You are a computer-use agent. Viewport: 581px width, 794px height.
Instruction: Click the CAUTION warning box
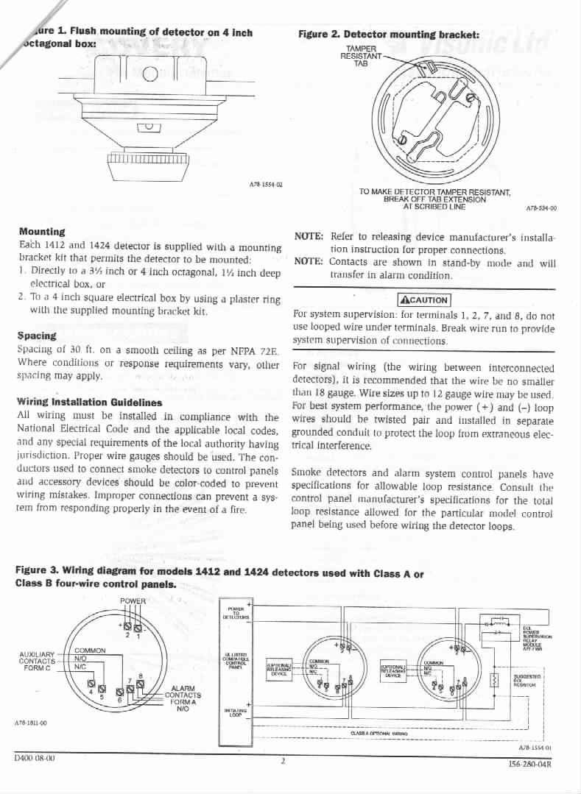423,299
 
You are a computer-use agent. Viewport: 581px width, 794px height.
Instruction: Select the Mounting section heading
42,232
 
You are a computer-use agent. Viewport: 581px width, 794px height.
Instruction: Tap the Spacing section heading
37,336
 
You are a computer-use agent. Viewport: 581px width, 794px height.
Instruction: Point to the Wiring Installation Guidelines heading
89,403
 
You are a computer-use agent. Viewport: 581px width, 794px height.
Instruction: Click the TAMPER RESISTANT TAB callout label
361,56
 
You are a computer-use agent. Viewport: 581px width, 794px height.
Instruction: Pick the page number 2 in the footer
283,761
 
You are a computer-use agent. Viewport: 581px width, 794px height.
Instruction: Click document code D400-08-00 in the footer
35,756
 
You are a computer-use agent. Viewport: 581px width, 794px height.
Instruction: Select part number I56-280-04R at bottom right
530,765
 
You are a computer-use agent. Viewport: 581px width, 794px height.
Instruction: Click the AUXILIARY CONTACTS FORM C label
36,660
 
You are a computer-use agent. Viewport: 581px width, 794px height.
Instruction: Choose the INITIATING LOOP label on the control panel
236,712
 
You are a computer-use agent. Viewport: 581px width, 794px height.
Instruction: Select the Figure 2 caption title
389,35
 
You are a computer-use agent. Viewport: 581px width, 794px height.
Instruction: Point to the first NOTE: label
309,236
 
